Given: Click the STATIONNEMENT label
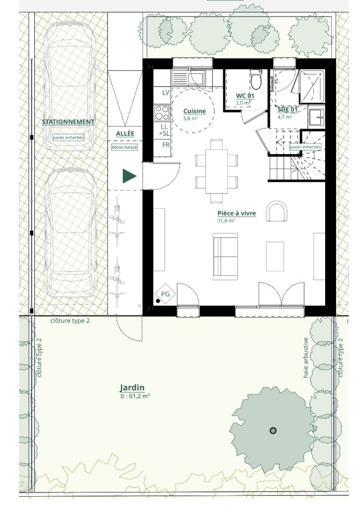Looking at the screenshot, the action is (68, 122).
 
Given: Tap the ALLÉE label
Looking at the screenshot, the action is (125, 133).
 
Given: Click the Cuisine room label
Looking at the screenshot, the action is (195, 111).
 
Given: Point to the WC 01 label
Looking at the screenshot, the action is (245, 96).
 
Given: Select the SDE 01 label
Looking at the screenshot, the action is (288, 109).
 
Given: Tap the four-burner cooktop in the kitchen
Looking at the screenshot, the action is (162, 113).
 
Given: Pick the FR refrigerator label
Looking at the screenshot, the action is (165, 145).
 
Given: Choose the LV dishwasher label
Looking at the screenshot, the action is (165, 93).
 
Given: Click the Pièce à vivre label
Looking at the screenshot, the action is (237, 213).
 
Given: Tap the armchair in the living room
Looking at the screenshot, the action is (277, 211).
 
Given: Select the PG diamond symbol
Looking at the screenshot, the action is (165, 294).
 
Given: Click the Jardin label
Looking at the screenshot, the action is (132, 388).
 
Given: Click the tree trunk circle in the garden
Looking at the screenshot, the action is (273, 431).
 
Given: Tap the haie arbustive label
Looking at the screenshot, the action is (305, 358).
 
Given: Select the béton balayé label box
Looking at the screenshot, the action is (124, 147).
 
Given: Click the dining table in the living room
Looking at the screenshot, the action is (216, 171).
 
